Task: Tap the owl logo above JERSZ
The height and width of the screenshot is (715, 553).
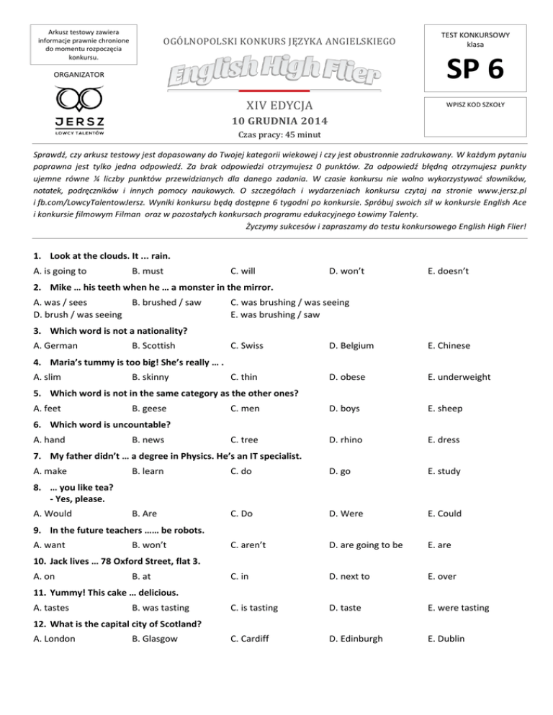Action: pyautogui.click(x=69, y=97)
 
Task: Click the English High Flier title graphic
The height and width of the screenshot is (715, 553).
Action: pyautogui.click(x=276, y=73)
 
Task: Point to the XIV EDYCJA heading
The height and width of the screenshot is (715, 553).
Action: pyautogui.click(x=276, y=106)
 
